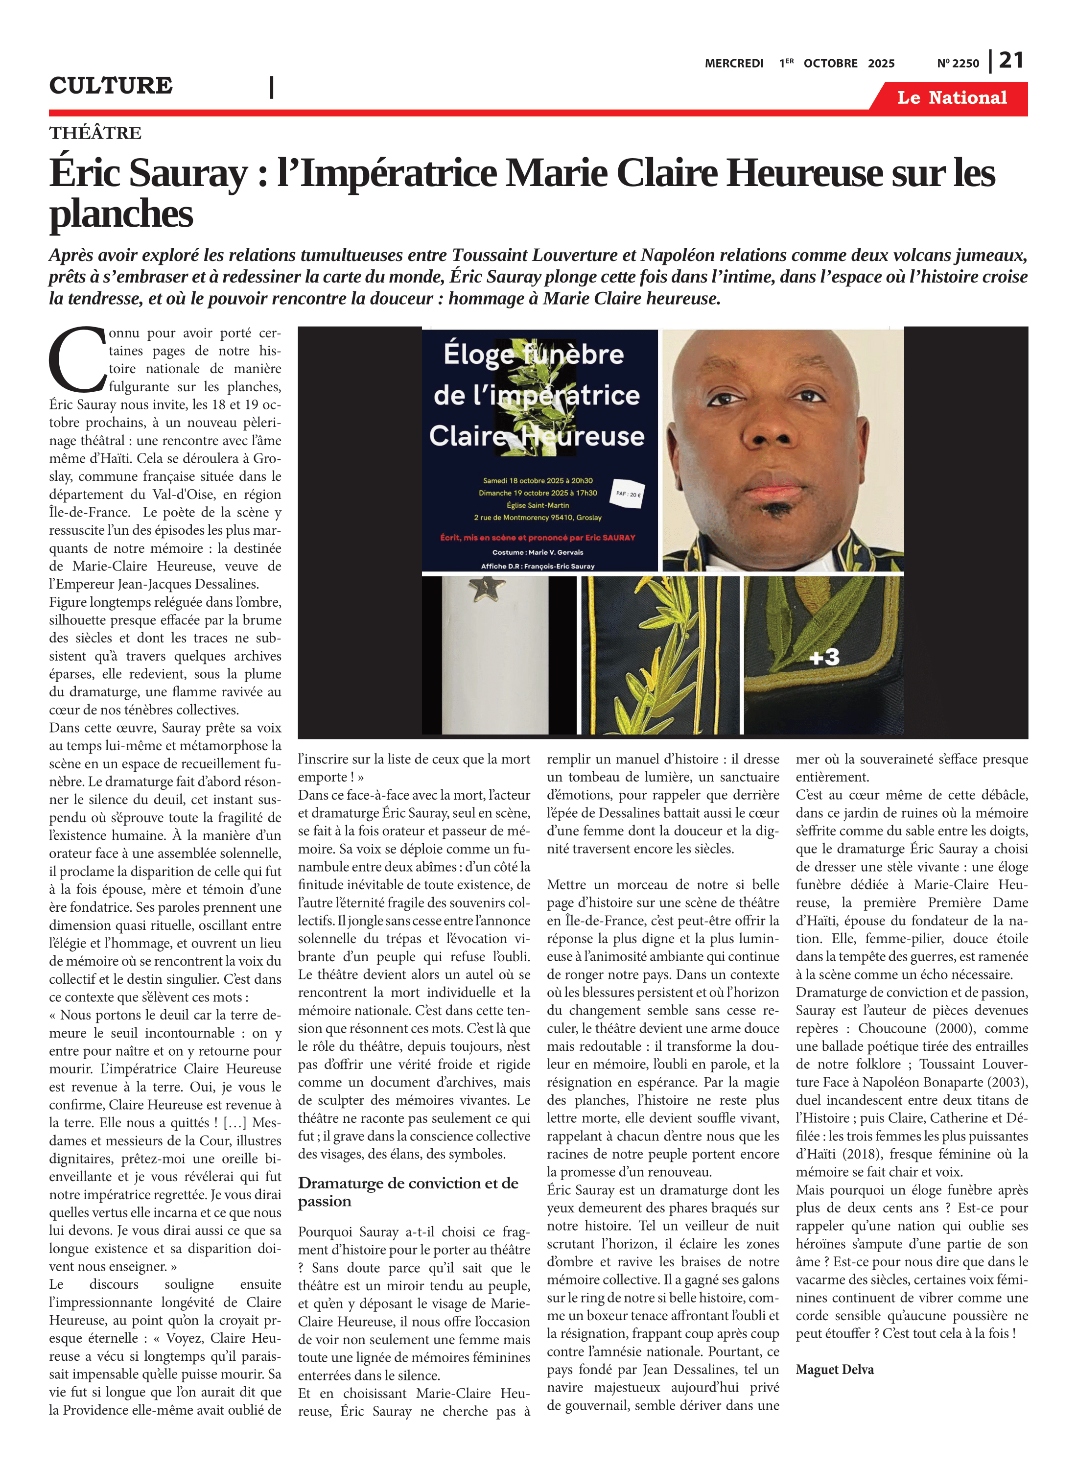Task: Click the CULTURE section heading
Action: (x=111, y=85)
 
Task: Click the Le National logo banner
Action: (x=951, y=98)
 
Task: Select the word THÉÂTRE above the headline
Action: (x=95, y=133)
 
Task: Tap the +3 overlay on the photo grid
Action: (x=824, y=657)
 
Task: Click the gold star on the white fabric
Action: (x=487, y=589)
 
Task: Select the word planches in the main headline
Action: (x=121, y=214)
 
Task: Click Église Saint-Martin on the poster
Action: (x=538, y=505)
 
